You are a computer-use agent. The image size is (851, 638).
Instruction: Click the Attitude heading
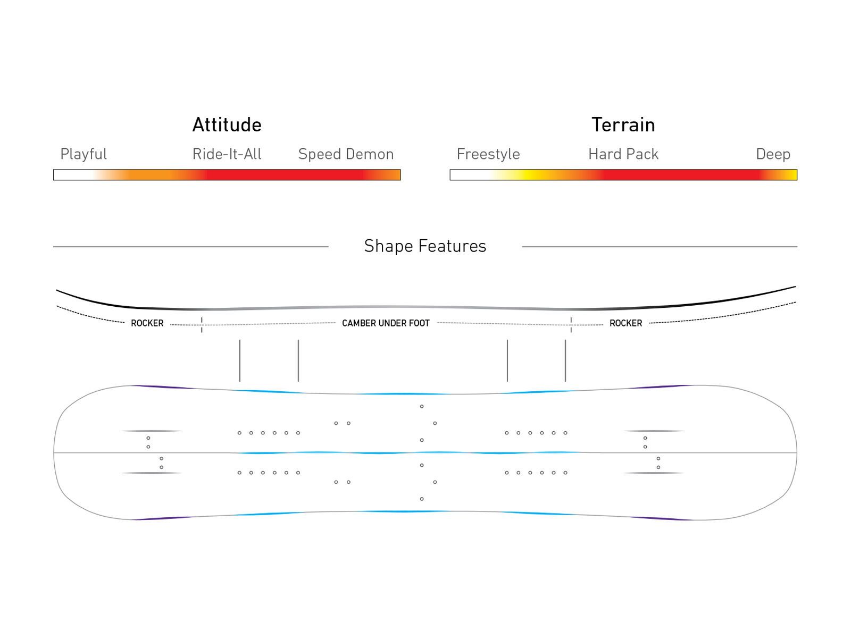pos(227,125)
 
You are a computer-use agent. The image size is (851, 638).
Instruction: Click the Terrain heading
pos(623,125)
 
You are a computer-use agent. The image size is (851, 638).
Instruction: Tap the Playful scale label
pos(84,154)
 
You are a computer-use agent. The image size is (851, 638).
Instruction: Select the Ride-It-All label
pos(227,154)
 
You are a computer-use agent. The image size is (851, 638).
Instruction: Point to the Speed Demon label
pos(346,154)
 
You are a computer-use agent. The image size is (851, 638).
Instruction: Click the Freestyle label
pos(488,154)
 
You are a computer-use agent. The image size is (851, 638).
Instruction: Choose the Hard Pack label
pos(623,154)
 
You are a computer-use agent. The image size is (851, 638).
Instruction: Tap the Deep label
pos(773,154)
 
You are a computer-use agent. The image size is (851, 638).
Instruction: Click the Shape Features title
pos(425,246)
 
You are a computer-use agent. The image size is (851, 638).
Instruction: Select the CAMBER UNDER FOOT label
pos(386,323)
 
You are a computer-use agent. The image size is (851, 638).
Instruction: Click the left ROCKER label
pos(147,323)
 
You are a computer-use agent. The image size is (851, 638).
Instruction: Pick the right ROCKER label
pos(625,323)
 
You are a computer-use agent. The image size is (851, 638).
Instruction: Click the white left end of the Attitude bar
pos(69,175)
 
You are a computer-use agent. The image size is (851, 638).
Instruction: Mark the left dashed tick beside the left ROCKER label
pos(202,324)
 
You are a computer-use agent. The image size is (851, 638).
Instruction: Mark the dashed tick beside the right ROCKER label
pos(571,324)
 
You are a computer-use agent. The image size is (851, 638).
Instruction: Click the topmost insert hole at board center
pos(422,407)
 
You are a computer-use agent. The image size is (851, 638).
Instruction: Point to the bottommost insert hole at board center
pos(422,499)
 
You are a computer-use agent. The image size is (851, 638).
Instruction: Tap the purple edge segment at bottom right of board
pos(660,518)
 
